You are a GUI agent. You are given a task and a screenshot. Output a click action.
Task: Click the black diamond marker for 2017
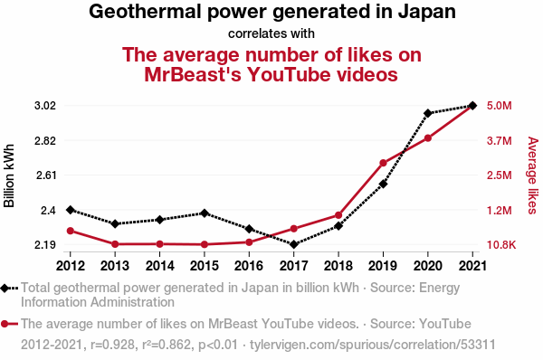pyautogui.click(x=293, y=244)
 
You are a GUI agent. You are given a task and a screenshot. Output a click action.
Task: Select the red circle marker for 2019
pyautogui.click(x=383, y=163)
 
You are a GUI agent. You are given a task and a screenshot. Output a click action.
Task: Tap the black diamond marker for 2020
pyautogui.click(x=428, y=113)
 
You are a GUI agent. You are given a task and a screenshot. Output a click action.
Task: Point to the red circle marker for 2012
pyautogui.click(x=71, y=231)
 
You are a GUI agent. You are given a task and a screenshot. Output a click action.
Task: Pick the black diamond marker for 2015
pyautogui.click(x=205, y=213)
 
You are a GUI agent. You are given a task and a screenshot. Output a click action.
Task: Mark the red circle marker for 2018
pyautogui.click(x=338, y=215)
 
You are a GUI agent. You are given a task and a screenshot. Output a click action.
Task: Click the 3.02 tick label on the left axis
pyautogui.click(x=45, y=106)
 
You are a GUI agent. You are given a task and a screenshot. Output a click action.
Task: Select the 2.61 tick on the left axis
pyautogui.click(x=46, y=175)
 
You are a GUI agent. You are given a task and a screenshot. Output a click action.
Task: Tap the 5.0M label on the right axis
pyautogui.click(x=499, y=106)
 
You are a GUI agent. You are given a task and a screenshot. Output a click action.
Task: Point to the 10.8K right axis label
pyautogui.click(x=501, y=245)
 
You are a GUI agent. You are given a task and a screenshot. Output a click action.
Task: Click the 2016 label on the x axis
pyautogui.click(x=249, y=266)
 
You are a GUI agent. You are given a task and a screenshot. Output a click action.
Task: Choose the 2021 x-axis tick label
pyautogui.click(x=472, y=266)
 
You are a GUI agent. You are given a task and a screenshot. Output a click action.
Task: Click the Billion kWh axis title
pyautogui.click(x=9, y=175)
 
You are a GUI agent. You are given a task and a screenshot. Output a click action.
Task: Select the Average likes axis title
pyautogui.click(x=533, y=175)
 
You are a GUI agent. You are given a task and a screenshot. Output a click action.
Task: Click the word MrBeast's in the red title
pyautogui.click(x=192, y=74)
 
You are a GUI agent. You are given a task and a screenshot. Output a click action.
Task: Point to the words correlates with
pyautogui.click(x=271, y=33)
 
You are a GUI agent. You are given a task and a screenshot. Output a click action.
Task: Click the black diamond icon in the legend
pyautogui.click(x=5, y=288)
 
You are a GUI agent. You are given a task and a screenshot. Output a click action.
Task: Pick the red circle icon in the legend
pyautogui.click(x=5, y=324)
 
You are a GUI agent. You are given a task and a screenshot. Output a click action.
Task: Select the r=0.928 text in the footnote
pyautogui.click(x=112, y=345)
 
